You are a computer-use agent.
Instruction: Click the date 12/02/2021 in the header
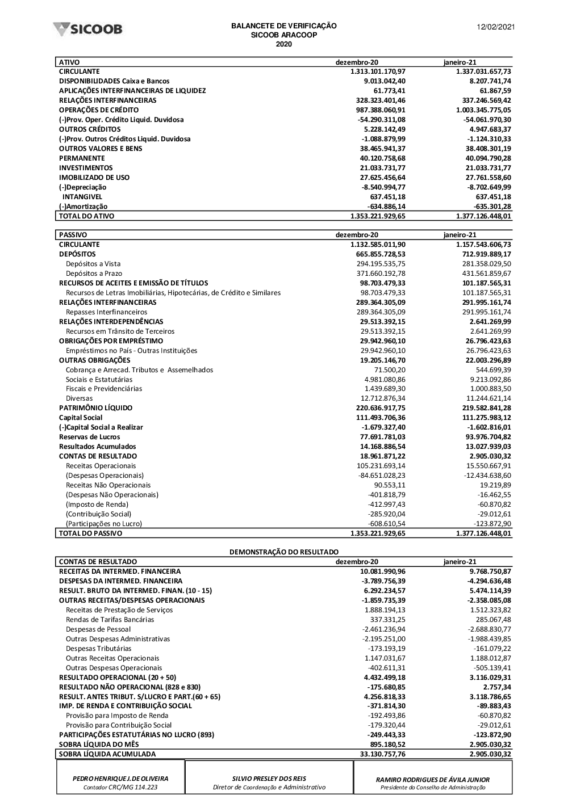495,26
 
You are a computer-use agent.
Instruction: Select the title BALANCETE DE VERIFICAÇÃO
283,26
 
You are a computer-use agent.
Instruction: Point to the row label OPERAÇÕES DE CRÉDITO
99,110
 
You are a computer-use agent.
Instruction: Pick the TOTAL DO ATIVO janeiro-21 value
483,216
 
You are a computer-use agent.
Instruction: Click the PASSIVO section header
73,235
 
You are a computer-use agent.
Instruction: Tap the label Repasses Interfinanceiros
106,312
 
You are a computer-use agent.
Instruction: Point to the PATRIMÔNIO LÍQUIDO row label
95,408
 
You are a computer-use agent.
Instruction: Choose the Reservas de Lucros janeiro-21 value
487,437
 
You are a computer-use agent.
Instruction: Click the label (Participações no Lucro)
104,524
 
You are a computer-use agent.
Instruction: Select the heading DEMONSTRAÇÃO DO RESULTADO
283,552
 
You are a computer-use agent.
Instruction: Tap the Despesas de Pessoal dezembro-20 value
384,629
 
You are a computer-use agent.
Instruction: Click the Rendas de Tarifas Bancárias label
110,620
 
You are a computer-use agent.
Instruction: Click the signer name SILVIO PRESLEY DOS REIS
269,779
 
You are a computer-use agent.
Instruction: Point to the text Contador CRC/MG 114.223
120,788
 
